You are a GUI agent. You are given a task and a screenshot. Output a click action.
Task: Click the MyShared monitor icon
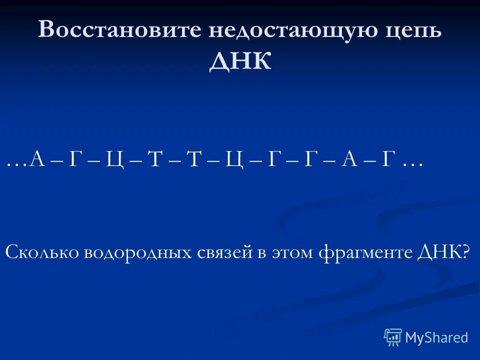(393, 337)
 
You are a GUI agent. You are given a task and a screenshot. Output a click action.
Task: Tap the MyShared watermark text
(436, 338)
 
